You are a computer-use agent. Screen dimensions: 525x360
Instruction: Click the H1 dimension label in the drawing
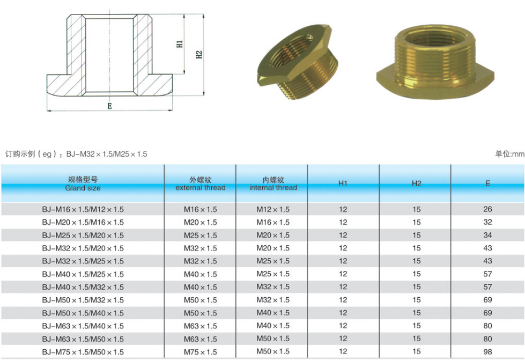pos(180,44)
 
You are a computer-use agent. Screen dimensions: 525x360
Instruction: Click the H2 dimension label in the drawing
pos(199,54)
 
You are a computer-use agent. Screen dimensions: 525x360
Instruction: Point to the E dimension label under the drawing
pos(109,106)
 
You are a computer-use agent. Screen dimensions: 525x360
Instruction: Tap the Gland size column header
pos(83,183)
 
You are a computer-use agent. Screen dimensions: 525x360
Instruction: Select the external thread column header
pos(201,183)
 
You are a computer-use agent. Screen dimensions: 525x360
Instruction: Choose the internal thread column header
pos(273,183)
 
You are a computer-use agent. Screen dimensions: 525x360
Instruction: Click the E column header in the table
pos(487,183)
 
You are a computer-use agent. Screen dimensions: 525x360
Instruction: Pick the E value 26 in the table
pos(487,209)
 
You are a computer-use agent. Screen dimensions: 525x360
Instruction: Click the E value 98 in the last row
pos(487,352)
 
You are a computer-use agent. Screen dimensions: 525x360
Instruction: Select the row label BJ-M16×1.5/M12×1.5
pos(83,210)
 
